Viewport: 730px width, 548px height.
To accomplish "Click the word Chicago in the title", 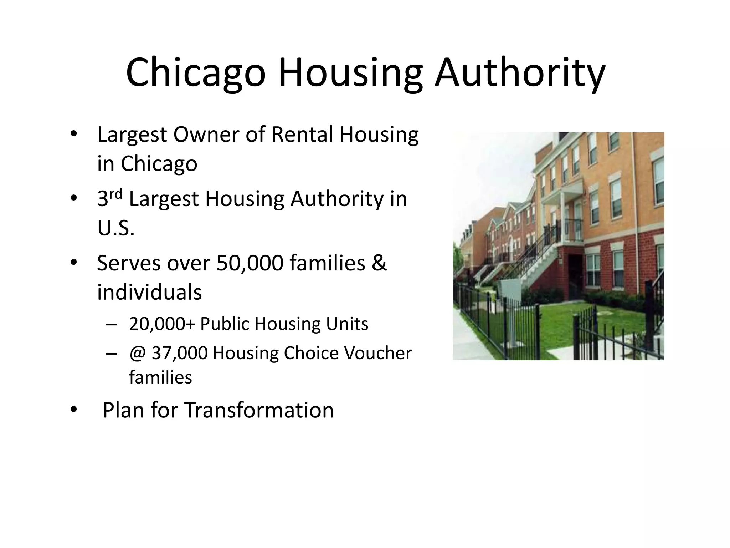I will pos(196,74).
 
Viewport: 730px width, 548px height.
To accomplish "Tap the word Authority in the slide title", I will pos(520,74).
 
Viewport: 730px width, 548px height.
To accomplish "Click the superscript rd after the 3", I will pos(116,194).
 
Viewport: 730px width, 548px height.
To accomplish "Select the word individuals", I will pos(149,292).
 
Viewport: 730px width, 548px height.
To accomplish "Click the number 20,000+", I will pos(162,324).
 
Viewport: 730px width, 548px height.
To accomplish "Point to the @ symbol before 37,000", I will pos(137,353).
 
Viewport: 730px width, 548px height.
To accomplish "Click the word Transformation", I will pos(259,410).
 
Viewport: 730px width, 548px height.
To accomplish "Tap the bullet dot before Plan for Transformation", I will pos(73,410).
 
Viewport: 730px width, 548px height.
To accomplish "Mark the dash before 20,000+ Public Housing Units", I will pos(111,325).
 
